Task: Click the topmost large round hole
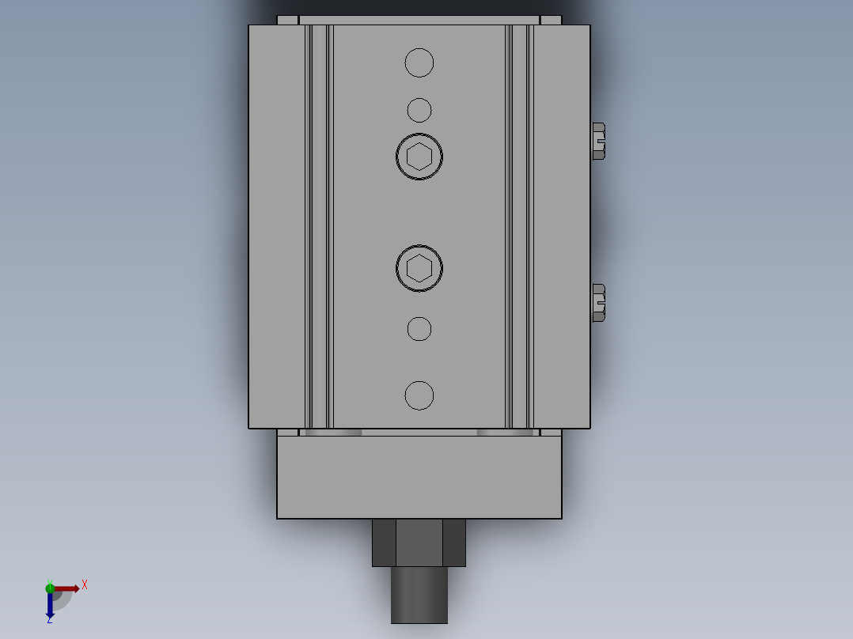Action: (x=419, y=62)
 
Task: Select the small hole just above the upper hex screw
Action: (x=419, y=110)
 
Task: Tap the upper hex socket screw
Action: (x=419, y=157)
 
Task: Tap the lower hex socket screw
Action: (x=419, y=268)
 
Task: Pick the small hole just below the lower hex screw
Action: (x=419, y=329)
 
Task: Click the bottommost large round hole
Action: (x=419, y=395)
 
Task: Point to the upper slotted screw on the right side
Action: (x=598, y=142)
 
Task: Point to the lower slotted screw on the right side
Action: (x=598, y=303)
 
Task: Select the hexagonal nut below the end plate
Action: (x=419, y=543)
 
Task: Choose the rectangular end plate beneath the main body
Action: (x=419, y=478)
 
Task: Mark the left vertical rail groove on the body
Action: (x=319, y=225)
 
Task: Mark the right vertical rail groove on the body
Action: (x=520, y=225)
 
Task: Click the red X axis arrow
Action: (x=66, y=588)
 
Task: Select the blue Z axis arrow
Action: (x=50, y=606)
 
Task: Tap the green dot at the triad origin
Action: (x=50, y=587)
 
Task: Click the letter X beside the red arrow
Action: (x=85, y=585)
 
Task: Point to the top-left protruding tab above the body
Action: (x=288, y=20)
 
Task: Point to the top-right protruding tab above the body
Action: (x=551, y=20)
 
